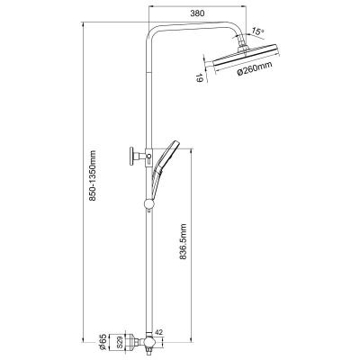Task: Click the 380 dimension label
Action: tap(197, 13)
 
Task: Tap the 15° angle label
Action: tap(258, 31)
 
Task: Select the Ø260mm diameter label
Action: tap(255, 68)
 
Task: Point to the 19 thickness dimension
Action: tap(199, 78)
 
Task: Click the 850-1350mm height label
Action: tap(93, 175)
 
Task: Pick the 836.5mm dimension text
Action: tap(184, 241)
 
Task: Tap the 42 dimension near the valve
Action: tap(159, 332)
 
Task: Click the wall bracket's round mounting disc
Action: tap(131, 156)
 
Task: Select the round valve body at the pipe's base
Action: tap(148, 342)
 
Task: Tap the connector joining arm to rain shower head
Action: tap(243, 47)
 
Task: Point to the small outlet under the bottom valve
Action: tap(146, 349)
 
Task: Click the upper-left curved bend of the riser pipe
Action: tap(153, 31)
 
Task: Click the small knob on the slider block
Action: tap(148, 156)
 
